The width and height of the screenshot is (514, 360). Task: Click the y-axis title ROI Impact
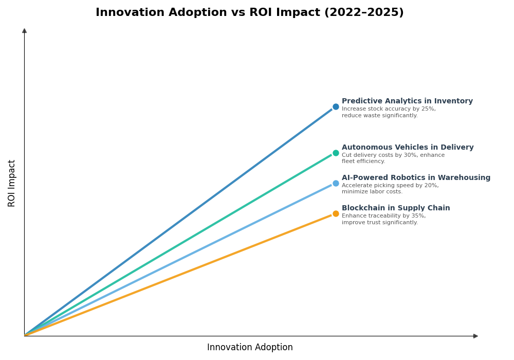click(12, 183)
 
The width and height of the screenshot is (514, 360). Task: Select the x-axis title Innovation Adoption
click(250, 348)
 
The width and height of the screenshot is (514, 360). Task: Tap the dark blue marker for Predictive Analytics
click(336, 107)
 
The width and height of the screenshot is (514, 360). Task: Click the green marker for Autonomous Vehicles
click(336, 153)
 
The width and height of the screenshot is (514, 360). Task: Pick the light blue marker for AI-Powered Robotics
click(336, 183)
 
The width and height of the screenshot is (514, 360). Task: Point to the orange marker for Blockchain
click(336, 213)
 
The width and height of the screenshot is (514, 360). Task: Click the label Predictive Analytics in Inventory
click(407, 101)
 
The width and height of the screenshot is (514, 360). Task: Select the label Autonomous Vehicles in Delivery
click(408, 148)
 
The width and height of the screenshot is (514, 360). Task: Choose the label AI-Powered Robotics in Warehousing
click(416, 178)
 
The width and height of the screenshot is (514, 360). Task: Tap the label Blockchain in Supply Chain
click(396, 208)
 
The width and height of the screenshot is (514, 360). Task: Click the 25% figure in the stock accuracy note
click(429, 109)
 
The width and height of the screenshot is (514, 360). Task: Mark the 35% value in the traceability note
click(418, 216)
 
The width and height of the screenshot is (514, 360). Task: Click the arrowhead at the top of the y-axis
click(24, 31)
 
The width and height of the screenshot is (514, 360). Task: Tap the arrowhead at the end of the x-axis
click(475, 336)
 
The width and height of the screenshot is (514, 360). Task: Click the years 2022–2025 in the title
click(363, 13)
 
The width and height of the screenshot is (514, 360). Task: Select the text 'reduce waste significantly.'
click(379, 116)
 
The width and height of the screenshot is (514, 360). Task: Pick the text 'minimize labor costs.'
click(372, 192)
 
